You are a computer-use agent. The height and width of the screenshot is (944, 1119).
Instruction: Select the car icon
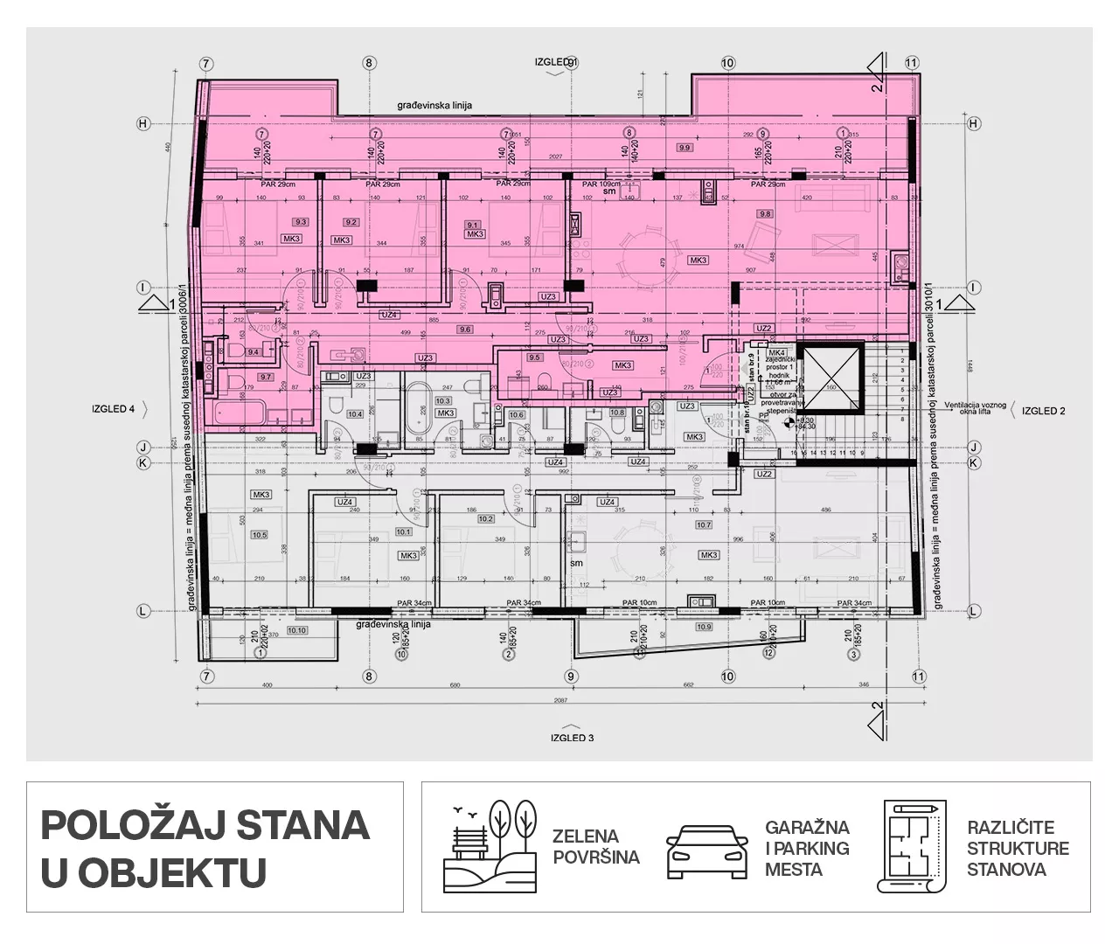707,849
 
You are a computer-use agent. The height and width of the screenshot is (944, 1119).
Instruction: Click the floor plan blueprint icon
911,846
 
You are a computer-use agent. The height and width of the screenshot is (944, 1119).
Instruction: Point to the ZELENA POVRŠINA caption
595,847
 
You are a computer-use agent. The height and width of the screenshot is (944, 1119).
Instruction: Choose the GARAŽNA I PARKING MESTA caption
807,848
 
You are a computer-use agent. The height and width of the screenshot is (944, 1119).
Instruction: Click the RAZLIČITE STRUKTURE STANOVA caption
1018,848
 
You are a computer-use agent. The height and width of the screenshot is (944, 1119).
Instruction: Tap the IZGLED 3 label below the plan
572,738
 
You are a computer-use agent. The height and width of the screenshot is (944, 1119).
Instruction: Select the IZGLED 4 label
114,408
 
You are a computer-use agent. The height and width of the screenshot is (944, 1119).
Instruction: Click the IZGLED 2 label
1043,410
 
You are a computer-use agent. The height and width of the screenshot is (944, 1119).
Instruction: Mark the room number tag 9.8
765,213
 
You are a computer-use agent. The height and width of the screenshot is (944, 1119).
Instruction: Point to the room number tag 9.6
464,330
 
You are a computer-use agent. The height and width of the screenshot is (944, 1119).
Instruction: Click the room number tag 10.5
259,535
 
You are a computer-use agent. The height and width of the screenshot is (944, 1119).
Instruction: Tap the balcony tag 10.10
296,630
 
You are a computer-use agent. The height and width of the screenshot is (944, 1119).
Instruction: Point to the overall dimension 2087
560,703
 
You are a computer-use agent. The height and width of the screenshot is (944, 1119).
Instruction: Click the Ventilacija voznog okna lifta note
977,407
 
